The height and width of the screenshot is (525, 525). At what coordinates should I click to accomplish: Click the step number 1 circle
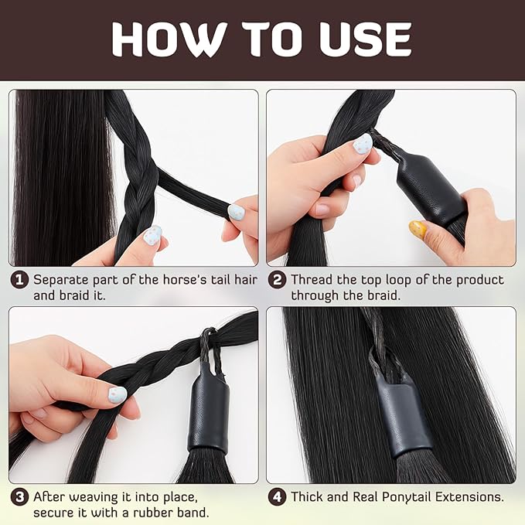pyautogui.click(x=19, y=280)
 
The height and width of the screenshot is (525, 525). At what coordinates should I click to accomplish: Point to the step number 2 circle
pyautogui.click(x=277, y=280)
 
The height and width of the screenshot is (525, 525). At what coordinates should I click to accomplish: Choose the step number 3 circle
pyautogui.click(x=19, y=497)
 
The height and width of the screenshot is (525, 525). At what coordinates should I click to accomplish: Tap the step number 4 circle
pyautogui.click(x=277, y=497)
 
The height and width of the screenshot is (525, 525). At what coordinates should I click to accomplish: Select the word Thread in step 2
pyautogui.click(x=312, y=280)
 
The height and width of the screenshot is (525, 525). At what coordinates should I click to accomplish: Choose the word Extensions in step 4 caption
pyautogui.click(x=472, y=497)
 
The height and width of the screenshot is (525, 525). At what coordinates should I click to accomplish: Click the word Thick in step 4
pyautogui.click(x=309, y=497)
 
